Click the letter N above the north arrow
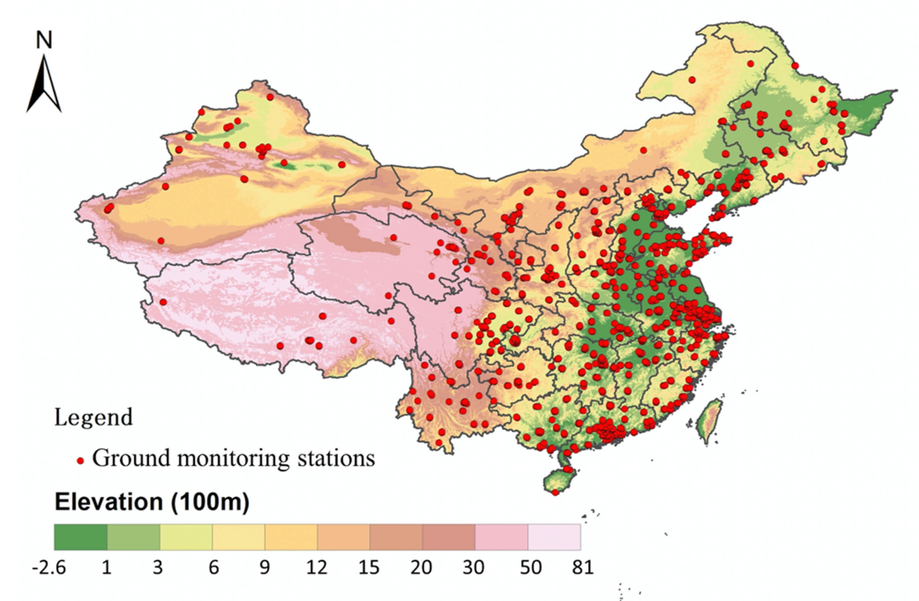(44, 40)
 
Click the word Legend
(93, 417)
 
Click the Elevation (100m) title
(152, 502)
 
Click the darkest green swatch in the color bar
(80, 537)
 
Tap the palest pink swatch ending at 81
(554, 537)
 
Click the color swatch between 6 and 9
(238, 537)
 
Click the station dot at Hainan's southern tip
(555, 492)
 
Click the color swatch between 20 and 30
(449, 537)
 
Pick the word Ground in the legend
(131, 459)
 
